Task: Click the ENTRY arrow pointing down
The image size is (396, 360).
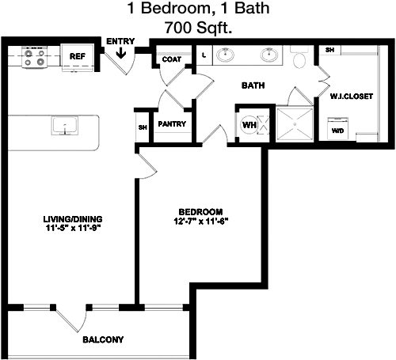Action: coord(121,53)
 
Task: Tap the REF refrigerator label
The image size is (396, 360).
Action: coord(78,56)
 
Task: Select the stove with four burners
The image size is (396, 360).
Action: coord(34,57)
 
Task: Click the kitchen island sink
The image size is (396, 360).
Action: coord(65,126)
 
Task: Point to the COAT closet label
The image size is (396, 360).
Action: coord(172,59)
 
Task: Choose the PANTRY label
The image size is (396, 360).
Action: coord(172,123)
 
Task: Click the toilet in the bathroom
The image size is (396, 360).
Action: coord(299,57)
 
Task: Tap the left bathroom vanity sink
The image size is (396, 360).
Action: coord(225,55)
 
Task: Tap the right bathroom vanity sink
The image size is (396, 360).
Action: coord(269,55)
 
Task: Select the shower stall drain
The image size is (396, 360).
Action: coord(295,123)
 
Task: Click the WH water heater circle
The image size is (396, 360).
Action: coord(249,124)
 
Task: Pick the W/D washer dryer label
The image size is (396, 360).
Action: coord(338,131)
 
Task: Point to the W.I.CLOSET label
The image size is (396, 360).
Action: coord(352,97)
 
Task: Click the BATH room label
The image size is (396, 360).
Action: coord(253,85)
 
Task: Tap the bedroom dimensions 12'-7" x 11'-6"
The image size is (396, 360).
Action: coord(200,222)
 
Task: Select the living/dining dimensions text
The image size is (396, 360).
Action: coord(74,228)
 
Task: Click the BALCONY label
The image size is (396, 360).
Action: coord(103,339)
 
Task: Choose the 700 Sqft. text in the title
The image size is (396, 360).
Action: coord(198,28)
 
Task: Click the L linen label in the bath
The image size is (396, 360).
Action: coord(204,55)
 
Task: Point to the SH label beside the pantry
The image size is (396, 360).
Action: coord(143,127)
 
